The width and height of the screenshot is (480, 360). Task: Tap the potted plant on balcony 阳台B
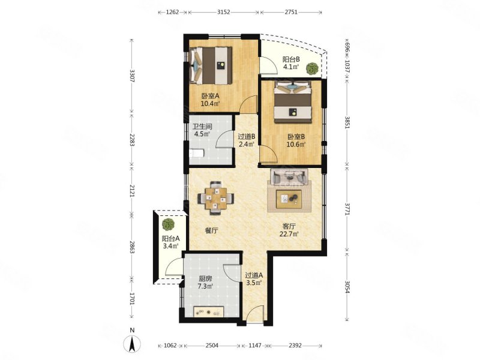312,68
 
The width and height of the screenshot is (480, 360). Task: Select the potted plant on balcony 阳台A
168,224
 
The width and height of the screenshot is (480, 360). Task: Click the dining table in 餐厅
215,198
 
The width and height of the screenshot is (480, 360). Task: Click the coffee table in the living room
289,199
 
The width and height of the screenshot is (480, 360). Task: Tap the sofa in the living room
289,177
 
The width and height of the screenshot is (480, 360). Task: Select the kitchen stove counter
209,311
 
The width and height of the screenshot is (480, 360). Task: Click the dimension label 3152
223,12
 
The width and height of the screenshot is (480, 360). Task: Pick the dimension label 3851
347,122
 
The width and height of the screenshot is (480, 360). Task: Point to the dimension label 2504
212,346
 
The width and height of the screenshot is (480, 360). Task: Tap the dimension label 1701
131,299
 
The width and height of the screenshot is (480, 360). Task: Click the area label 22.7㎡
289,235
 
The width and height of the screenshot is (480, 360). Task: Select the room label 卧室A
208,95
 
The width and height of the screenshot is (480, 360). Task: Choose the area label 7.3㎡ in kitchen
205,287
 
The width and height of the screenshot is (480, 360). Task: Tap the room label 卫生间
202,126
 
